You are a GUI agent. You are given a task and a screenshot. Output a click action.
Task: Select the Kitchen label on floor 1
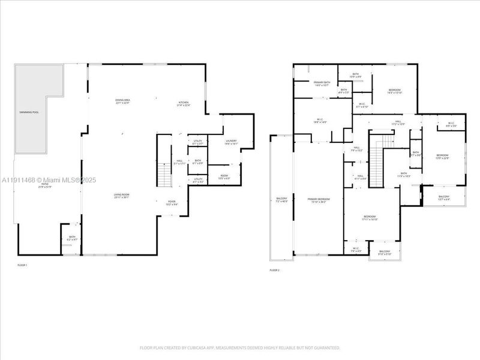184,104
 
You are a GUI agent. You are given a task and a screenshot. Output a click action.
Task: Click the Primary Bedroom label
319,200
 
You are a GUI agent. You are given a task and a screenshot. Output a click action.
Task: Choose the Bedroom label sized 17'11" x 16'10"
369,218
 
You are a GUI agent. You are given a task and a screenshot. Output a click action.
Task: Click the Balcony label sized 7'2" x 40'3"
281,200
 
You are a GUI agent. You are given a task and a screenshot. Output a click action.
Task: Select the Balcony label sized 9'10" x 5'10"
385,253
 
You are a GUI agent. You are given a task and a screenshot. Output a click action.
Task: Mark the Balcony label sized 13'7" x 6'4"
443,198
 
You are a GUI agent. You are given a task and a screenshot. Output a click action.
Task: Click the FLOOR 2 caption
275,271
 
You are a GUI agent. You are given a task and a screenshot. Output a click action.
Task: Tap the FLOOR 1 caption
22,265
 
